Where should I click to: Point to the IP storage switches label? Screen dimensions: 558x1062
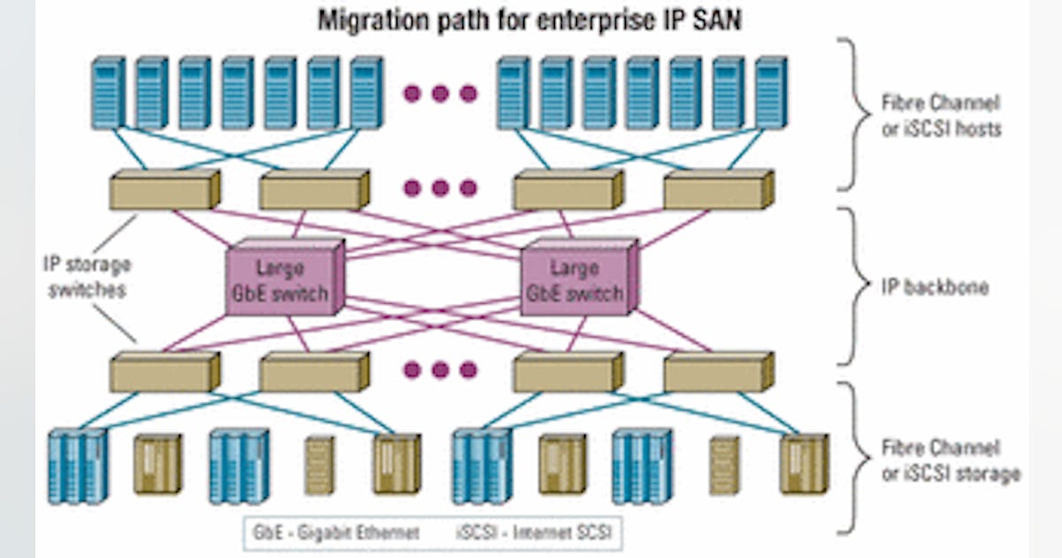tap(87, 276)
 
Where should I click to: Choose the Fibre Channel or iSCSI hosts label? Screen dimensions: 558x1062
tap(941, 115)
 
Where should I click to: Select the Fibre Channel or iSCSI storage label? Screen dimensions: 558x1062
tap(950, 460)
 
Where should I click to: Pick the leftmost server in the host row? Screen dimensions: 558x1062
tap(107, 92)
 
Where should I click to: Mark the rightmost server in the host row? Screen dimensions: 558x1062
tap(770, 92)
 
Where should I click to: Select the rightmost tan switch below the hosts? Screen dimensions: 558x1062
tap(718, 190)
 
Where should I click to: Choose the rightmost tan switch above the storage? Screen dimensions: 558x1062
tap(718, 371)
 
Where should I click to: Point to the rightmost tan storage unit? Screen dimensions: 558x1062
tap(804, 463)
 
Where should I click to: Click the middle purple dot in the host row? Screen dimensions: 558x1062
tap(441, 93)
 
